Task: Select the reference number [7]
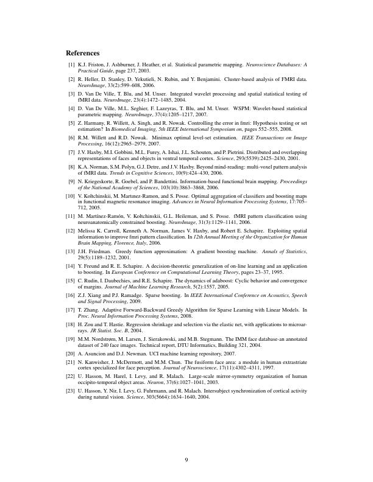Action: click(x=71, y=151)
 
